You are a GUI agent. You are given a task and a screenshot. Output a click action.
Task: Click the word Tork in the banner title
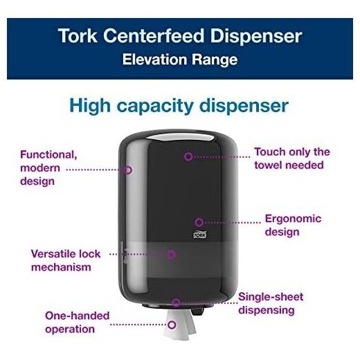(x=78, y=36)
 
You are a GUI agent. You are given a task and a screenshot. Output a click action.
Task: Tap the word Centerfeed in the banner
(x=154, y=36)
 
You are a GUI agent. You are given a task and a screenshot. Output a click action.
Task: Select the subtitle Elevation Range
(x=180, y=60)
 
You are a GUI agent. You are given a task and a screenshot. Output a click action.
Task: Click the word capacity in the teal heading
(x=155, y=107)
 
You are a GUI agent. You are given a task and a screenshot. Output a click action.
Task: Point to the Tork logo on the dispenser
(x=200, y=235)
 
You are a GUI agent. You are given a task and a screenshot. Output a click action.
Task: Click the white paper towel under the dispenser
(x=179, y=324)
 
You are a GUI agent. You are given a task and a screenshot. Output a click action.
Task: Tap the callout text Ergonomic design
(x=293, y=226)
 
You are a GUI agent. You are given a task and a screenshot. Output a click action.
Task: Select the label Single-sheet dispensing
(x=271, y=303)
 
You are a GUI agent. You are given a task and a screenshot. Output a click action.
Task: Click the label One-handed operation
(x=77, y=323)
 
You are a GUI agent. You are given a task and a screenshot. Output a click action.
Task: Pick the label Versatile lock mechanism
(x=66, y=260)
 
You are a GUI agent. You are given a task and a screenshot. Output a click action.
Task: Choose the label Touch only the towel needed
(x=292, y=159)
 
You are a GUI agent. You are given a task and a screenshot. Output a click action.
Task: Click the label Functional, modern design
(x=48, y=168)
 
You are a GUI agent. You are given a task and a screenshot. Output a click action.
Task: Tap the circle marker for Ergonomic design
(x=199, y=222)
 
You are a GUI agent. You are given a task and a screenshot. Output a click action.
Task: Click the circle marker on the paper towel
(x=172, y=325)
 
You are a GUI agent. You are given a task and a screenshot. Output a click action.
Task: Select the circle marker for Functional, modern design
(x=127, y=170)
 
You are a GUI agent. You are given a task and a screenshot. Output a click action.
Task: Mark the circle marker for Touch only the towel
(x=188, y=156)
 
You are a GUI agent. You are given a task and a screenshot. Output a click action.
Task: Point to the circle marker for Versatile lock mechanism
(x=171, y=254)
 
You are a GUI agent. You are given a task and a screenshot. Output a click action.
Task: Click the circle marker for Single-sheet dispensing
(x=176, y=303)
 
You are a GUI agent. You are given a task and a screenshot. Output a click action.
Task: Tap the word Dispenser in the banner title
(x=256, y=36)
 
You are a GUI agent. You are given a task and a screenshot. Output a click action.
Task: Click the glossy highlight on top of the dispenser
(x=178, y=137)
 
